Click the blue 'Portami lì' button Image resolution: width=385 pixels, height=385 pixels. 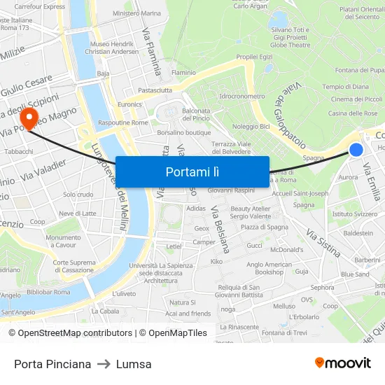coord(192,171)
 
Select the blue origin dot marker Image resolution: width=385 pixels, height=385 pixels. coord(356,149)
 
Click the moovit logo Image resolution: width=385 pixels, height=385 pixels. coord(343,363)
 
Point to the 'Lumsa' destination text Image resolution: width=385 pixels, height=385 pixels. coord(134,364)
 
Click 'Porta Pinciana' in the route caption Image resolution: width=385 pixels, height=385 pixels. coord(52,364)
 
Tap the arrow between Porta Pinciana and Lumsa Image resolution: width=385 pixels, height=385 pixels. coord(104,364)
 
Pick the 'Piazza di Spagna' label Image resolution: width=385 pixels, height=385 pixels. coord(260,227)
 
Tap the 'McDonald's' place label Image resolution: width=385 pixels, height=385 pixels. coord(286,249)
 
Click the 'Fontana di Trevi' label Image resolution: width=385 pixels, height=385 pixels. coord(284,332)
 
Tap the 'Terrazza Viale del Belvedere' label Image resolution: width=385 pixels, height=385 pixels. coord(231,147)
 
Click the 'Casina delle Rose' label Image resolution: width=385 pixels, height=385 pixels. coord(353,113)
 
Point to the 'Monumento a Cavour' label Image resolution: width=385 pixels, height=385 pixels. coord(63,241)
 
